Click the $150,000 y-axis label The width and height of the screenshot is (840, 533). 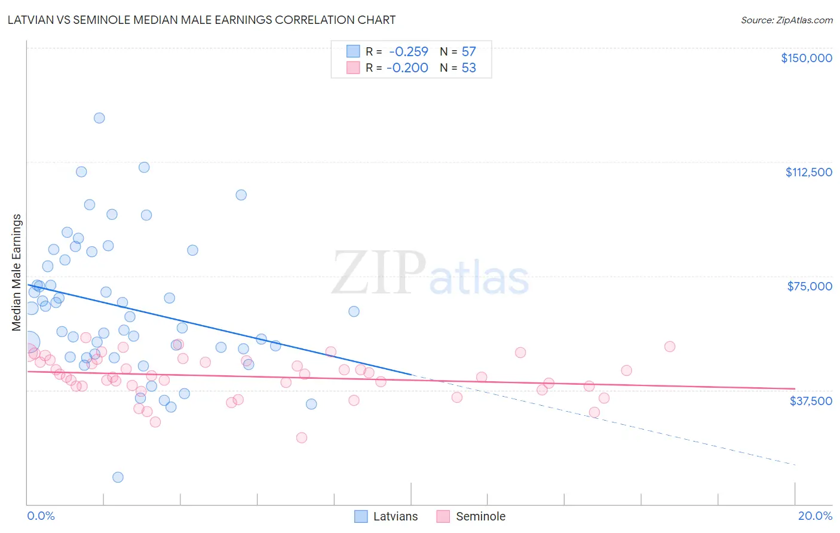[806, 58]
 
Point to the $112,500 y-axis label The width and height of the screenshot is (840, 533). [808, 172]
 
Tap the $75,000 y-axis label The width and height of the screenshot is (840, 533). [809, 286]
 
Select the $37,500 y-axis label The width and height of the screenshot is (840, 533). [810, 401]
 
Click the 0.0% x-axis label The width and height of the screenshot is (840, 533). [41, 516]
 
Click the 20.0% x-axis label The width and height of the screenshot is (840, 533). [814, 516]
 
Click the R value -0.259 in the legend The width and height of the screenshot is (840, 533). [408, 52]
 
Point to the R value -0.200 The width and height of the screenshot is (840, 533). [407, 68]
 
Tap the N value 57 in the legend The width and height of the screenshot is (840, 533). [468, 52]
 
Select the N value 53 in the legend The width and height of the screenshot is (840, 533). [468, 68]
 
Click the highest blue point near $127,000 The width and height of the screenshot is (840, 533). [99, 118]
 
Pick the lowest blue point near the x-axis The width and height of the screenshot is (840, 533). [118, 477]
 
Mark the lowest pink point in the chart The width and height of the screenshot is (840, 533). [302, 438]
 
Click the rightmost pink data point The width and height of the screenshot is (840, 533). [670, 347]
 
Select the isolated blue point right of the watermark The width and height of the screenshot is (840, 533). [354, 311]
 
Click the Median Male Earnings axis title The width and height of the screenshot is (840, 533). [17, 272]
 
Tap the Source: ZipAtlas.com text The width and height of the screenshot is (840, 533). [786, 20]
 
